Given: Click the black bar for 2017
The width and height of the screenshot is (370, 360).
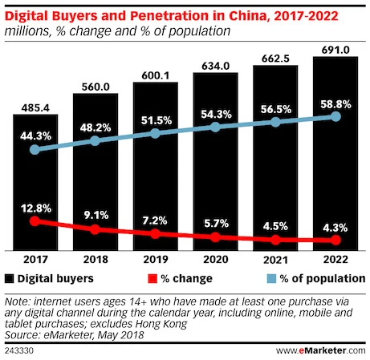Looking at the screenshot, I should pyautogui.click(x=35, y=184).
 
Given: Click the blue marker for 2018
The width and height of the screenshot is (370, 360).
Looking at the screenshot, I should pyautogui.click(x=95, y=140).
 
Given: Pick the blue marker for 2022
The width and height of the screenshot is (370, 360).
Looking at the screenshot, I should pyautogui.click(x=335, y=117).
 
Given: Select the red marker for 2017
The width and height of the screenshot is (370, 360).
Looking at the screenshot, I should pyautogui.click(x=35, y=220).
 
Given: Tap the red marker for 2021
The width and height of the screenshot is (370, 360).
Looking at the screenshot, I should pyautogui.click(x=275, y=240).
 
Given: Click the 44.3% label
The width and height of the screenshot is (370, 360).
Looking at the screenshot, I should pyautogui.click(x=35, y=133).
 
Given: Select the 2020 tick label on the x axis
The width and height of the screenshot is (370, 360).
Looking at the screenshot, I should pyautogui.click(x=215, y=260).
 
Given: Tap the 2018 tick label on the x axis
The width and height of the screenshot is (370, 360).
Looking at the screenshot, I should pyautogui.click(x=95, y=260).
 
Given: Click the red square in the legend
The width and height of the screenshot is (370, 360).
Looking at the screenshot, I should pyautogui.click(x=152, y=278).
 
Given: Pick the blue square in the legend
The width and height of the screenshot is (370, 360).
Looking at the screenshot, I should pyautogui.click(x=272, y=278).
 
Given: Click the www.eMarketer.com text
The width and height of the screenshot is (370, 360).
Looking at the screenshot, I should pyautogui.click(x=320, y=350).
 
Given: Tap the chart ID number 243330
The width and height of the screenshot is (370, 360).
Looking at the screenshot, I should pyautogui.click(x=20, y=350).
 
